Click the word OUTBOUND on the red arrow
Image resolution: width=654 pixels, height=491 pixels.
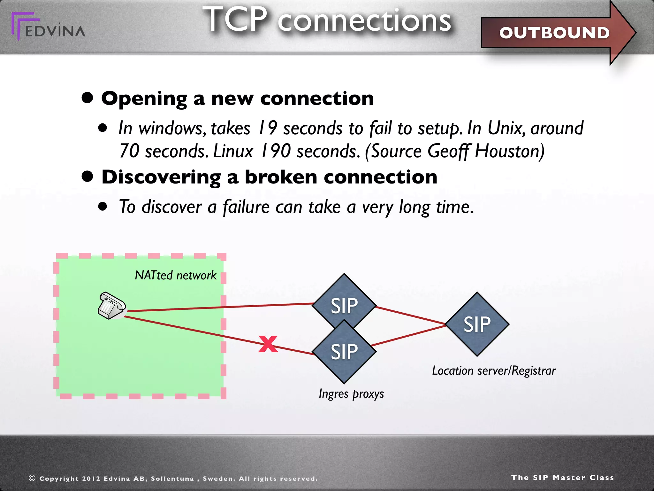554,33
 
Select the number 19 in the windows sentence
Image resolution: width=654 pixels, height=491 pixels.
268,128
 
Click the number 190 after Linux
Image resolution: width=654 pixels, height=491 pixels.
275,151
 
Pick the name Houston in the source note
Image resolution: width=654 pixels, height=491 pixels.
509,151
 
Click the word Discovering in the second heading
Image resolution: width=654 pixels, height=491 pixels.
161,177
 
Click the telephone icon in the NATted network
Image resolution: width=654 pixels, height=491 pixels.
111,306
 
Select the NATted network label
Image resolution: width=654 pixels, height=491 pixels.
176,275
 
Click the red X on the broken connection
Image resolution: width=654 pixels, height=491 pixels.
268,344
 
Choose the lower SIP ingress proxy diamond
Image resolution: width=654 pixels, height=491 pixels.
344,352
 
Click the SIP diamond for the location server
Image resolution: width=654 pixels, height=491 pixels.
477,324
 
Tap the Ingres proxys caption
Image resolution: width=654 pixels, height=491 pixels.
351,394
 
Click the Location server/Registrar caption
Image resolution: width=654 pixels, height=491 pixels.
494,371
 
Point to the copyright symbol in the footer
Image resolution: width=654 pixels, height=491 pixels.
32,478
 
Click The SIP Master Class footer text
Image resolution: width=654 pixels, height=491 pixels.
562,478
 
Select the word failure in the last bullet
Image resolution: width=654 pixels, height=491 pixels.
246,207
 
